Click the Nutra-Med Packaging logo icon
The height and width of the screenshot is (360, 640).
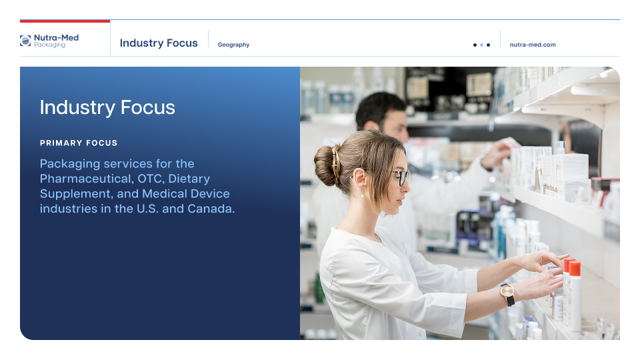(25, 41)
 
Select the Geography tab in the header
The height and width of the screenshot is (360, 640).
(233, 45)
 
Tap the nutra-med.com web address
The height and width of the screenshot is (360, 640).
(533, 45)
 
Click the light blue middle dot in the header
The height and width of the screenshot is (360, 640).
(481, 45)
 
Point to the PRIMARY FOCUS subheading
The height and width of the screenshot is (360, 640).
(79, 143)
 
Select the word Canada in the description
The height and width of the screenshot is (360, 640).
(211, 209)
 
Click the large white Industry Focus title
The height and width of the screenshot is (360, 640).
(107, 107)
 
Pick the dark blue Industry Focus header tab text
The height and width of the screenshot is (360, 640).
(159, 43)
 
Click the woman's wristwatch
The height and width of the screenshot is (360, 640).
(507, 294)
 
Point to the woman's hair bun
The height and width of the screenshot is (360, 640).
(327, 165)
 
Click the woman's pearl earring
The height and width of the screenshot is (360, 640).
(363, 194)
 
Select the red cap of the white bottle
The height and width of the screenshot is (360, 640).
(575, 268)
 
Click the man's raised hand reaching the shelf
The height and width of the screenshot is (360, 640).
(499, 151)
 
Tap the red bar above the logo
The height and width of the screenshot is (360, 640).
(65, 21)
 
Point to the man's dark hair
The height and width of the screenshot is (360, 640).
(379, 108)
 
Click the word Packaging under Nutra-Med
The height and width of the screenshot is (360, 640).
(49, 45)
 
